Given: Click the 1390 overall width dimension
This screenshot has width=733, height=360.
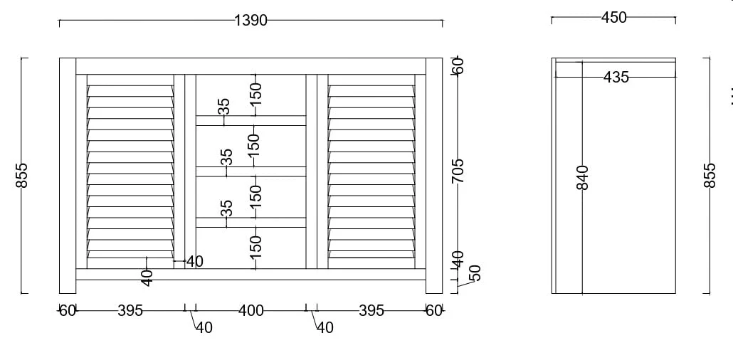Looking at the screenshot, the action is coord(251,20).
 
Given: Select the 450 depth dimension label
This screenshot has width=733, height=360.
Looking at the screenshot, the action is coord(613,17).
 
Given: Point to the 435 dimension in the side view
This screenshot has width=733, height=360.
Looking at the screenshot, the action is coord(616,77).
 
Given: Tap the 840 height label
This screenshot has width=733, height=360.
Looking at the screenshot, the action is coord(582,177).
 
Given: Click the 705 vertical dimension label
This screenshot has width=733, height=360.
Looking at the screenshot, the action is coord(458,171).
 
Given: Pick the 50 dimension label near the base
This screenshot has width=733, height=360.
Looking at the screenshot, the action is coord(475,272).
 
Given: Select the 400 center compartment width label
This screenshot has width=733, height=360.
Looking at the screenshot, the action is coord(251,310).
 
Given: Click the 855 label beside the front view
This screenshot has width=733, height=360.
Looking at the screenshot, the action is coord(21,175).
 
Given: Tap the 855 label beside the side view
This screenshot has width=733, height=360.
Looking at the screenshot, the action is coord(710,175).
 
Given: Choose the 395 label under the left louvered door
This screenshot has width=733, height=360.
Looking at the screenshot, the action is coord(130,310).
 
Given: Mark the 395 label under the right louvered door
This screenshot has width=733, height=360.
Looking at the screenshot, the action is coord(371,310).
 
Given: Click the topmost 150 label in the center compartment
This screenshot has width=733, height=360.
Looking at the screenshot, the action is coord(255,93).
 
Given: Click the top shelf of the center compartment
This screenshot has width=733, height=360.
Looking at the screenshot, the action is coord(251,121).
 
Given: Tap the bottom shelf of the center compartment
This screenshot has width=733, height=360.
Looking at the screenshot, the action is coord(251,223).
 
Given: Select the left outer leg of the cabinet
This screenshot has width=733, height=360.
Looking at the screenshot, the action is coord(68,176).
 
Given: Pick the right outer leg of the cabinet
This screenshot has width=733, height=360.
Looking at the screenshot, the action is coord(434,176).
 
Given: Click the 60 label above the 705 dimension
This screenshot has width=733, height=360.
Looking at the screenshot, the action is coord(458,65).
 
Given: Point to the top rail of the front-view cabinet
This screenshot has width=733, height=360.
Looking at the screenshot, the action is coord(251,66).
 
